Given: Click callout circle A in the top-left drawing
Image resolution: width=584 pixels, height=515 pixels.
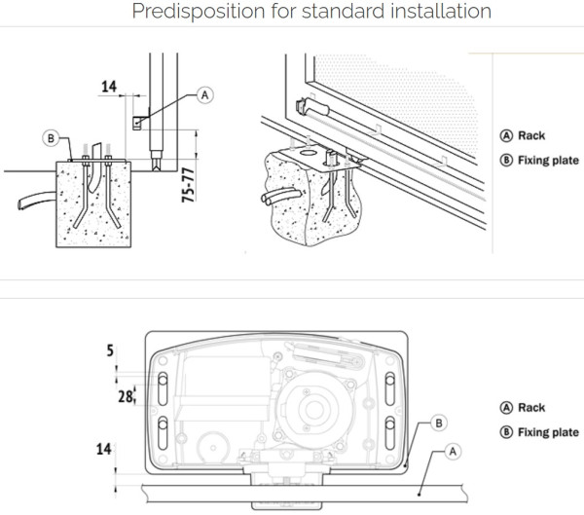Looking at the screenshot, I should (204, 94).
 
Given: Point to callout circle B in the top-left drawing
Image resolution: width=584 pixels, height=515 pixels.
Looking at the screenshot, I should (51, 138).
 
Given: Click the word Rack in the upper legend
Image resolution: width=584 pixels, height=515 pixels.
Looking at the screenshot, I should (531, 136).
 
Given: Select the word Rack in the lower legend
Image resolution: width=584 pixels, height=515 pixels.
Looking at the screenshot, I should (531, 408).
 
